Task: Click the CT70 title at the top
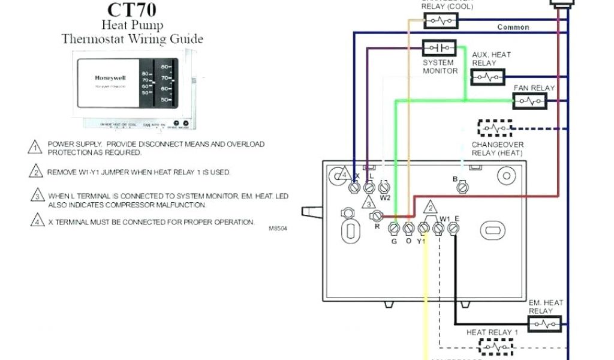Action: [132, 10]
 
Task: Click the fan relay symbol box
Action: [530, 101]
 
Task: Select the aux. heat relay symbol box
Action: [487, 77]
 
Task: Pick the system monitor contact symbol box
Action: [440, 48]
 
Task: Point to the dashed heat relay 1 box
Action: [495, 346]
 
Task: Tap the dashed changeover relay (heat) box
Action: [495, 128]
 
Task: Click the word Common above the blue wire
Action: [513, 28]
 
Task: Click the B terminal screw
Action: [462, 188]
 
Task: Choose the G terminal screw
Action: [394, 229]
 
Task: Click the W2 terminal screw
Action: [384, 187]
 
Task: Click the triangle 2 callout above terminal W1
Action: [429, 208]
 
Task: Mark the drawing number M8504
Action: [278, 229]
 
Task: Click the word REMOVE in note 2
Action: [62, 172]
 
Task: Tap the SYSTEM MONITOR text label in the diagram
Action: [440, 67]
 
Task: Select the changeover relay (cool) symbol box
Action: [441, 22]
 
